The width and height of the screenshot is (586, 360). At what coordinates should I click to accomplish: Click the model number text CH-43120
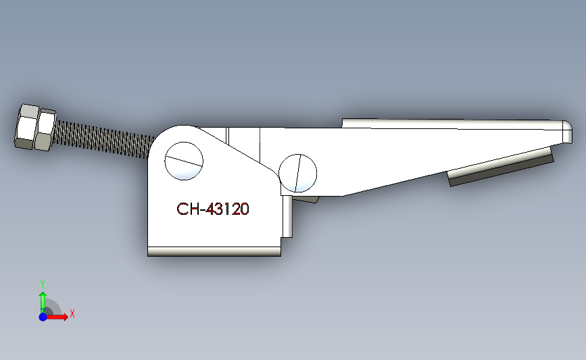213,209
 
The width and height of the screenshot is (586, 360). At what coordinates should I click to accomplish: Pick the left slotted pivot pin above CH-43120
183,161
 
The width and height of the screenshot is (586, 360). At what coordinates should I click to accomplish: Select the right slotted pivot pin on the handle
298,172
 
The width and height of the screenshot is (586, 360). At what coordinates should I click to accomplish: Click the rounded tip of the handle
566,132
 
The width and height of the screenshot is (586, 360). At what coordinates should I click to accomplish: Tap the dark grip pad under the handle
500,170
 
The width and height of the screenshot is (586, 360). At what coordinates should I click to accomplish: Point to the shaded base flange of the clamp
214,252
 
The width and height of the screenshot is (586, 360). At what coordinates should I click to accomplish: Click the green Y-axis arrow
42,300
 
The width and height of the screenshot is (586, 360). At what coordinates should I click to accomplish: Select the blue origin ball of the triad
43,317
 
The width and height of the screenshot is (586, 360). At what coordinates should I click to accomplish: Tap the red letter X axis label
72,313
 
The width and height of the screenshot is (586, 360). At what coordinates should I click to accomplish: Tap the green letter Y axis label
42,284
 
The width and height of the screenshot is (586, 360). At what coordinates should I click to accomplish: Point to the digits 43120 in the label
228,209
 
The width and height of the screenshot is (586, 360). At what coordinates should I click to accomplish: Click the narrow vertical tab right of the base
287,216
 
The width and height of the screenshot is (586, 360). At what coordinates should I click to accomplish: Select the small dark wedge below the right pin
308,199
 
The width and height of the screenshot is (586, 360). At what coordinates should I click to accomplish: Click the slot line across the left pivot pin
183,161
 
